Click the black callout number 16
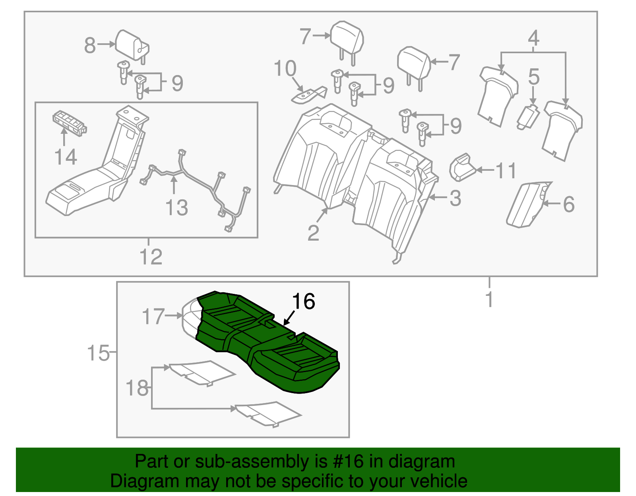coord(304,302)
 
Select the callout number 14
coord(66,157)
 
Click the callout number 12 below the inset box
coord(151,257)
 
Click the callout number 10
coord(285,69)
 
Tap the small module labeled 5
coord(528,116)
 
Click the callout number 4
coord(533,39)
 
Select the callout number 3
coord(456,198)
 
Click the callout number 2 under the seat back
coord(313,233)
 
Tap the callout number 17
coord(153,317)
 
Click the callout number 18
coord(137,388)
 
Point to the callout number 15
coord(98,353)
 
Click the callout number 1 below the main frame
coord(489,299)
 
